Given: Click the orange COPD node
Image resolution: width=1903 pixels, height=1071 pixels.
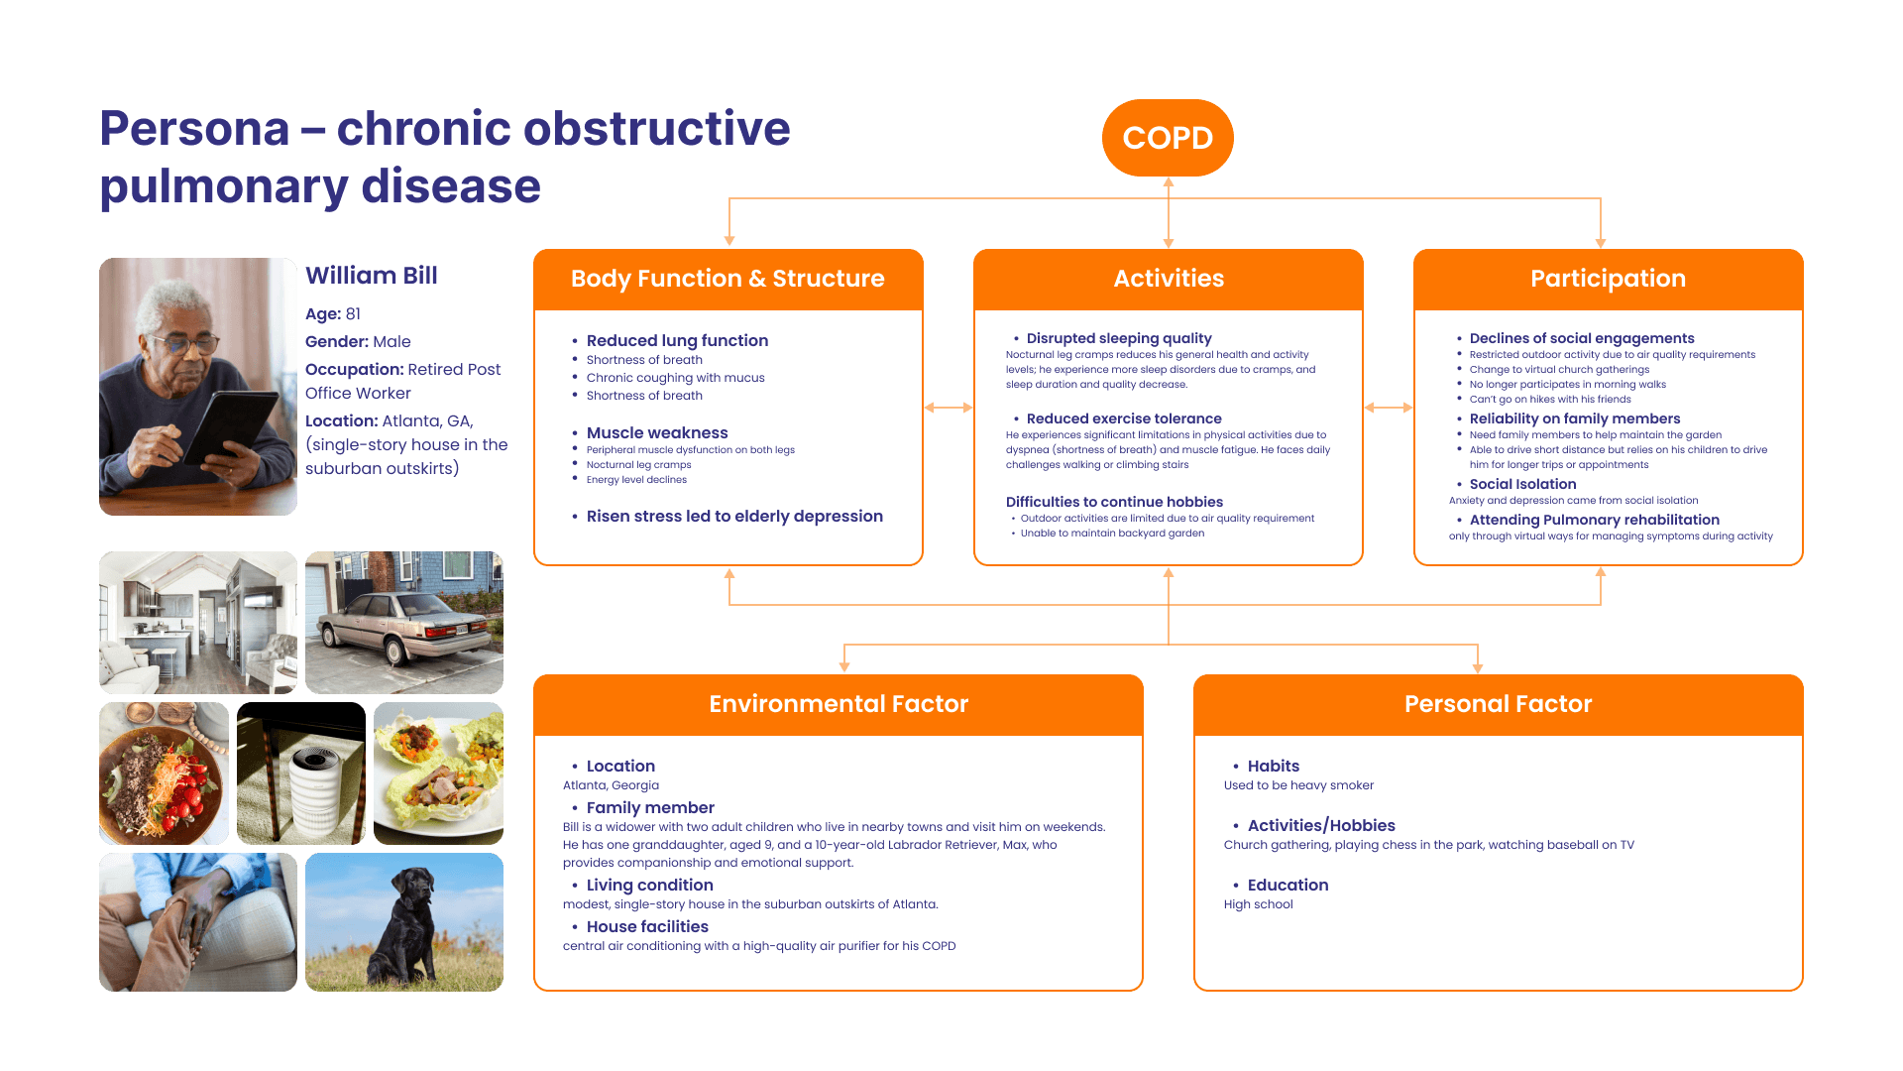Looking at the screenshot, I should click(1168, 138).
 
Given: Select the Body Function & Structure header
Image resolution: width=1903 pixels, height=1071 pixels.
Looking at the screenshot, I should click(728, 279).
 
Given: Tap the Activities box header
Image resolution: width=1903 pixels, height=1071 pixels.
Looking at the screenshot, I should click(1169, 279).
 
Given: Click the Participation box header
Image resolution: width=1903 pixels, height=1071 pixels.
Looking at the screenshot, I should click(1608, 279).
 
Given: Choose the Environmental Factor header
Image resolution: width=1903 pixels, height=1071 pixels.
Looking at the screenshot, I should click(839, 704).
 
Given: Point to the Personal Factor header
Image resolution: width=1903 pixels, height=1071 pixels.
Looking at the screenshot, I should click(1498, 704).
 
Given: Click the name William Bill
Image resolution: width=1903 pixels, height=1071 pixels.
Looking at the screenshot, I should click(372, 276).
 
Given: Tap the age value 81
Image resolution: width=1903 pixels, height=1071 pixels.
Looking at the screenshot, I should click(353, 314).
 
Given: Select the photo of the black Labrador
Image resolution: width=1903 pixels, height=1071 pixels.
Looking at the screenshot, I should click(404, 922).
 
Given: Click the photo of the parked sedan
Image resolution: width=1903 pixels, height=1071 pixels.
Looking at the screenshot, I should click(404, 622).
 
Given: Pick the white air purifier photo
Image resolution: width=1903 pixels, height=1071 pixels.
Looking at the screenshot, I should click(301, 773).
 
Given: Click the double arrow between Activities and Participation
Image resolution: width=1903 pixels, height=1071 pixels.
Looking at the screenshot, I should click(1388, 408).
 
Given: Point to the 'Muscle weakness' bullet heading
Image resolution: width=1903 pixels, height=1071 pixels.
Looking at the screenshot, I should click(657, 433).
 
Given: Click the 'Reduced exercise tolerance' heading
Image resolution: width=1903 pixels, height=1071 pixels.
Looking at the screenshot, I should click(1124, 419).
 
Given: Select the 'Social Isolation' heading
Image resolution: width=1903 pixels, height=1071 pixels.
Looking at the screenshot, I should click(1522, 485).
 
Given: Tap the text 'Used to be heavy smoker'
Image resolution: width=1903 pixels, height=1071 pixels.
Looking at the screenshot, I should click(1298, 785).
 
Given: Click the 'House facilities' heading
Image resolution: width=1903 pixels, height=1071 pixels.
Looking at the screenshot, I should click(647, 927).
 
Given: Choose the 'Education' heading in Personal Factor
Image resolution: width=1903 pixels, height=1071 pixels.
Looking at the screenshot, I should click(1287, 886).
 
